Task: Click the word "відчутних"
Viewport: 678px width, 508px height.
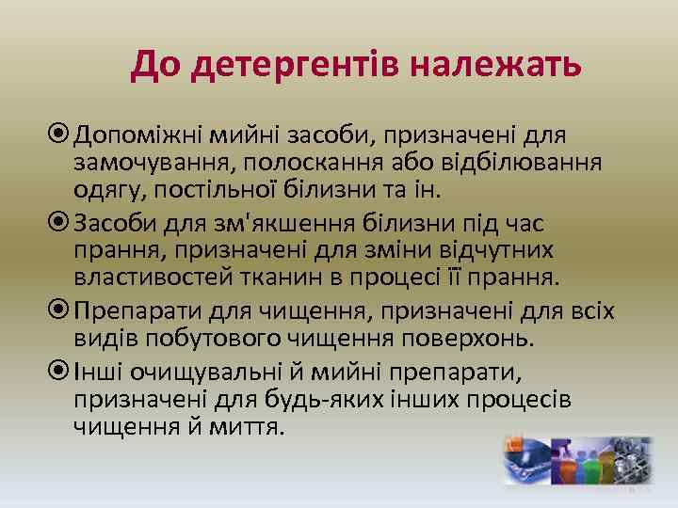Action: point(505,252)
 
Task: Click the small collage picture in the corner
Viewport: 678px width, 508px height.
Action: point(576,460)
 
